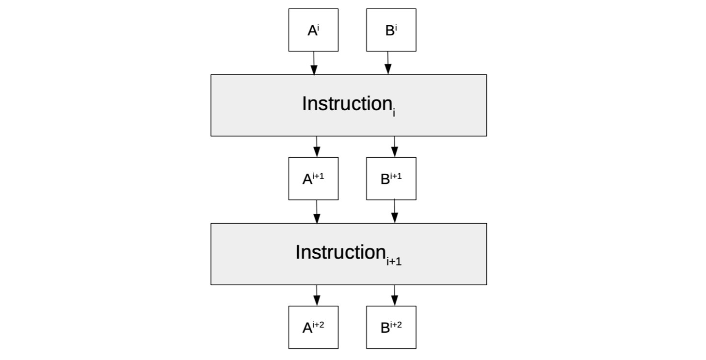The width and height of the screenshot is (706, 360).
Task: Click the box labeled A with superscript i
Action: tap(313, 30)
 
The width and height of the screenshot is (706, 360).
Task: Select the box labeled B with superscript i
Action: tap(391, 30)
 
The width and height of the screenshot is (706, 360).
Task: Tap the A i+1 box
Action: tap(313, 179)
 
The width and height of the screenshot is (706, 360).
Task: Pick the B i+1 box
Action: tap(391, 179)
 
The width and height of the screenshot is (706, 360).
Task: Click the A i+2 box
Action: tap(313, 327)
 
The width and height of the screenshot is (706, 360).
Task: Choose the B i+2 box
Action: tap(391, 327)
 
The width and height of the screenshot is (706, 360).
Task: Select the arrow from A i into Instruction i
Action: tap(314, 63)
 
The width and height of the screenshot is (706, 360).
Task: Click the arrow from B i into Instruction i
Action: tap(388, 63)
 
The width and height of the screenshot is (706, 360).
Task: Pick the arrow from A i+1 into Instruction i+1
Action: tap(317, 212)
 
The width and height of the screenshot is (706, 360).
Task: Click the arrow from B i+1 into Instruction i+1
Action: tap(394, 212)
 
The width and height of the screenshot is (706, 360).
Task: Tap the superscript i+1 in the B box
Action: tap(396, 176)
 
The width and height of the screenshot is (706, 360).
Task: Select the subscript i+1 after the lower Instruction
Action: tap(394, 262)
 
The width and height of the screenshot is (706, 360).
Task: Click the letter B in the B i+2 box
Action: tap(385, 328)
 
